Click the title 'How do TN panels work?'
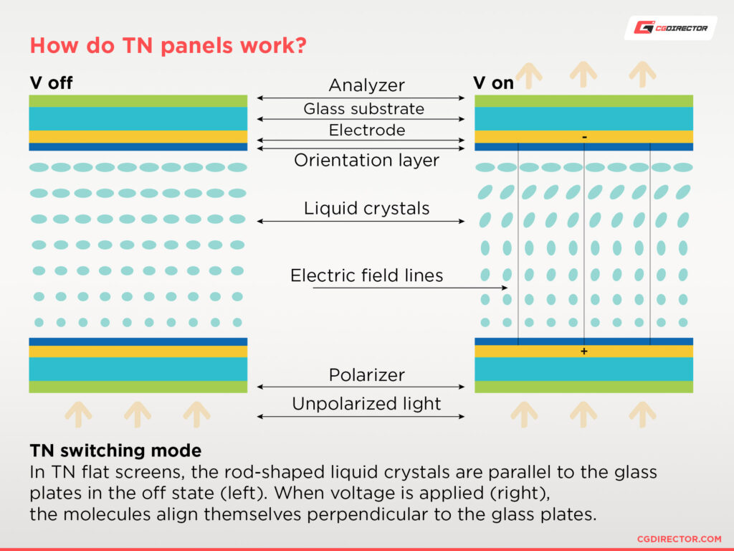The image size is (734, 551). (x=168, y=46)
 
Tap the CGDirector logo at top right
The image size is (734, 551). (x=670, y=28)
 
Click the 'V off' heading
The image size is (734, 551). (x=51, y=83)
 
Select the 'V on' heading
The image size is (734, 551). (x=493, y=83)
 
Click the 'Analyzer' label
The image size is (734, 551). (x=366, y=85)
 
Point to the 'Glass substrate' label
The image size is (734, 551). (x=363, y=108)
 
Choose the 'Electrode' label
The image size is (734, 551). (x=366, y=130)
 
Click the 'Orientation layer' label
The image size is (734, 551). (x=366, y=160)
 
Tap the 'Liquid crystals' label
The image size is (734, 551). (x=366, y=208)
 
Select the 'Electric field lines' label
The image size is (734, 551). (x=366, y=275)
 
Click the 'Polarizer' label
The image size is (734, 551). (x=366, y=375)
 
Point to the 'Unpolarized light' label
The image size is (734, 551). (x=366, y=403)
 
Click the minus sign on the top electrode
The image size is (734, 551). (x=584, y=136)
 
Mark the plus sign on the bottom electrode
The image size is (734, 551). (x=584, y=352)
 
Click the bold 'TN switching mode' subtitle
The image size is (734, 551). (x=115, y=451)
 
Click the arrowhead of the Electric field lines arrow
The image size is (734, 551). (x=505, y=288)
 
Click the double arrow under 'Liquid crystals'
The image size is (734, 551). (x=361, y=221)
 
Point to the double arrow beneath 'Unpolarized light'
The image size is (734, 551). (x=361, y=416)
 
